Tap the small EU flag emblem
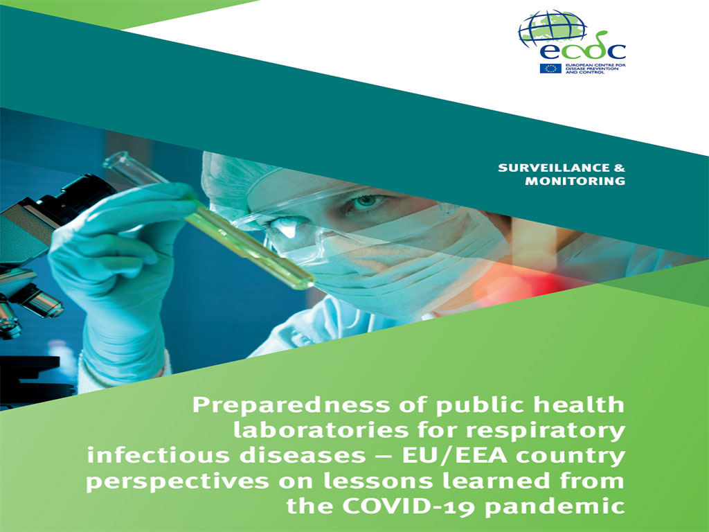[550, 69]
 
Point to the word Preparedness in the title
[291, 405]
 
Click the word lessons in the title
[378, 481]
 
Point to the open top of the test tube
[113, 161]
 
